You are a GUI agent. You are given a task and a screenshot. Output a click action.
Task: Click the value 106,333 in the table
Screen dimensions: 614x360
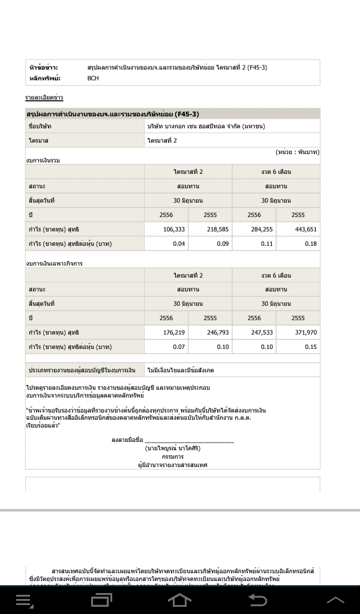tap(174, 230)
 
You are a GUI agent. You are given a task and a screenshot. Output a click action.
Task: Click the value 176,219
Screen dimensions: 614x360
tap(174, 333)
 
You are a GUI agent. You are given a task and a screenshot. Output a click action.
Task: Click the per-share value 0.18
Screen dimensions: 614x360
tap(310, 244)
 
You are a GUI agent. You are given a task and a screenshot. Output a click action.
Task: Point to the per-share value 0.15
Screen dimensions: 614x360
tap(310, 347)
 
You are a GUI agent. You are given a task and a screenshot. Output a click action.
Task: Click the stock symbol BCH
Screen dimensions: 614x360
tap(93, 79)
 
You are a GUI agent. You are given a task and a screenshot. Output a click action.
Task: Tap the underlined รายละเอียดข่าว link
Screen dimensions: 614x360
tap(44, 98)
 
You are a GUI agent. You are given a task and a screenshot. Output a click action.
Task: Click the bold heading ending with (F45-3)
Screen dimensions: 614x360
tap(113, 114)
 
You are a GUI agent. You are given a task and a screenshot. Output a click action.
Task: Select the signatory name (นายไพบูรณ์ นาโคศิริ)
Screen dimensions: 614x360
tap(172, 448)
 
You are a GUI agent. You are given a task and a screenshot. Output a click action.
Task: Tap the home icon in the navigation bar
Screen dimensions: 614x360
tap(179, 600)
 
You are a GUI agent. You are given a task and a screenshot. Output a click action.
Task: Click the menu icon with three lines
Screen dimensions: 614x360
tap(25, 600)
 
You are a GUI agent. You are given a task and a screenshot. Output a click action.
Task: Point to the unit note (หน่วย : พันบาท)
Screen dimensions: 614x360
tap(297, 152)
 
